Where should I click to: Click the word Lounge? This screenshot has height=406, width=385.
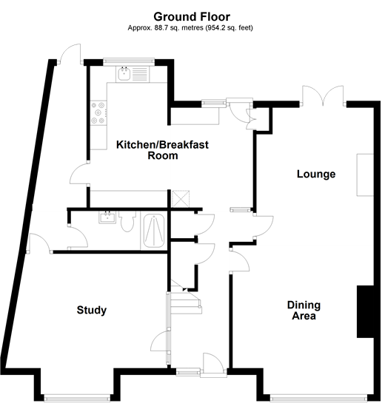point(316,175)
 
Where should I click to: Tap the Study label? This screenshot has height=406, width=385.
point(92,310)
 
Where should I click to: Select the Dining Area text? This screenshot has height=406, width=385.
point(302,311)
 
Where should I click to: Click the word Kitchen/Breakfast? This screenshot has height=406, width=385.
point(162,144)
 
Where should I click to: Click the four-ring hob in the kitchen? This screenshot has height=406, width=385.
point(97,112)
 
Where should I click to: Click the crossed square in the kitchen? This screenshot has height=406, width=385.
point(180,199)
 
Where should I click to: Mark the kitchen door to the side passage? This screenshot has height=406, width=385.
point(78,175)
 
